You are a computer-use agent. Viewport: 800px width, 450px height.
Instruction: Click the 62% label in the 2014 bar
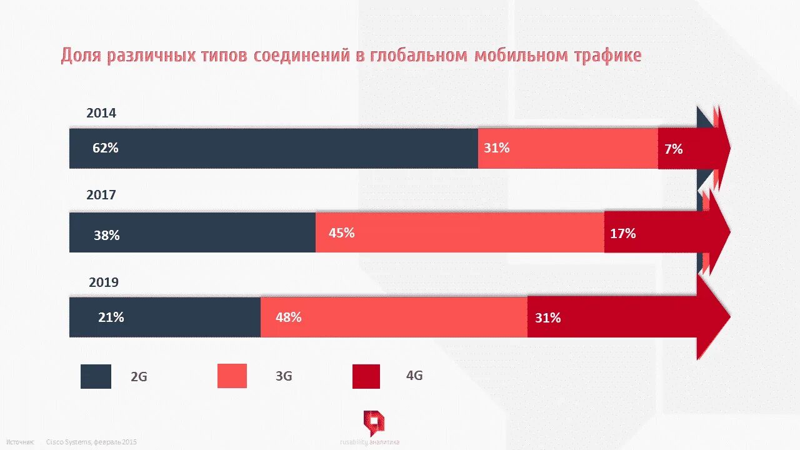click(105, 149)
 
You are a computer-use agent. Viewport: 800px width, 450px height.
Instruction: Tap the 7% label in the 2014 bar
click(674, 149)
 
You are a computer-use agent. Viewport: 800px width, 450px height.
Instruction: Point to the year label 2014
click(101, 113)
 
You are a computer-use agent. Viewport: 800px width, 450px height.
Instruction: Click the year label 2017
click(101, 195)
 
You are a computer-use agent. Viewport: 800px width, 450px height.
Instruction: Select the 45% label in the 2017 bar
click(342, 232)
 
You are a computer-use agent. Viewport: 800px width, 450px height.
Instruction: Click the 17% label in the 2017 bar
click(622, 234)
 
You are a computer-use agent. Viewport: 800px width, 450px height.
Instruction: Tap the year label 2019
click(104, 282)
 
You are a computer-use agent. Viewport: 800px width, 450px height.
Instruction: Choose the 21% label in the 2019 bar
click(111, 317)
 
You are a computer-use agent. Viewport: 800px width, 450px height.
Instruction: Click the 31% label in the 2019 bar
click(547, 318)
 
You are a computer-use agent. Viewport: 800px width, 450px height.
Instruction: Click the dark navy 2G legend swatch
click(96, 376)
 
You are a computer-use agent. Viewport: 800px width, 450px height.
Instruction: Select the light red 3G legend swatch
click(232, 376)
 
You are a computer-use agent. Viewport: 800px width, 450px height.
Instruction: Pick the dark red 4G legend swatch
click(366, 376)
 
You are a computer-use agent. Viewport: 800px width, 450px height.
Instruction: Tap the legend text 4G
click(414, 376)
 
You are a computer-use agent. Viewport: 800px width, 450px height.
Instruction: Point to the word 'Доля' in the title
click(82, 56)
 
